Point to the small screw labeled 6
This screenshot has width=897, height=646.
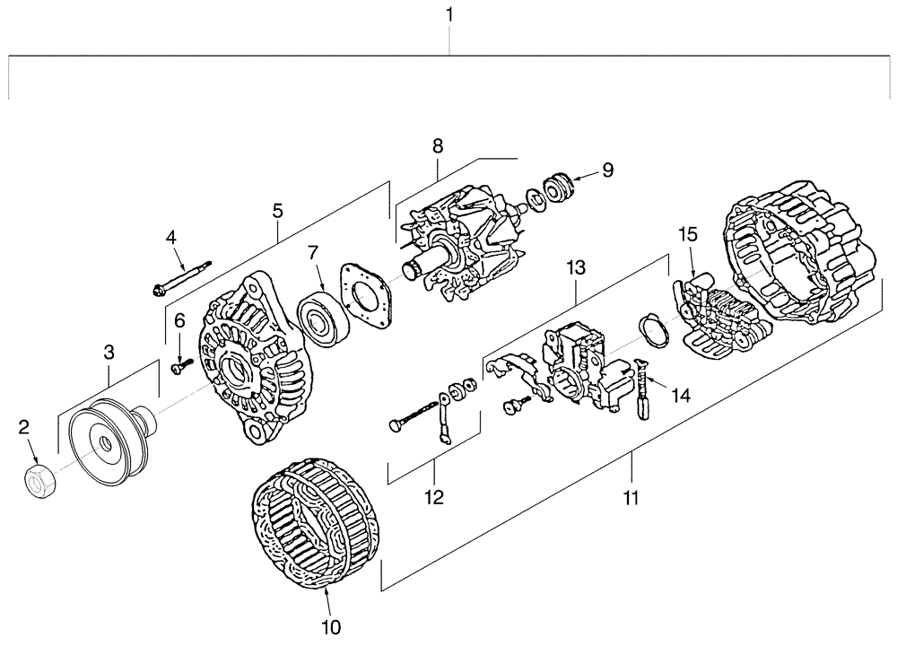(x=180, y=365)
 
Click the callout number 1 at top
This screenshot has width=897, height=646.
(x=449, y=15)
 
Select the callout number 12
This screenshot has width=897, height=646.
(x=434, y=495)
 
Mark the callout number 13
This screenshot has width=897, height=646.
(x=575, y=267)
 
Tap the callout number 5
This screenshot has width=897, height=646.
(x=277, y=212)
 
